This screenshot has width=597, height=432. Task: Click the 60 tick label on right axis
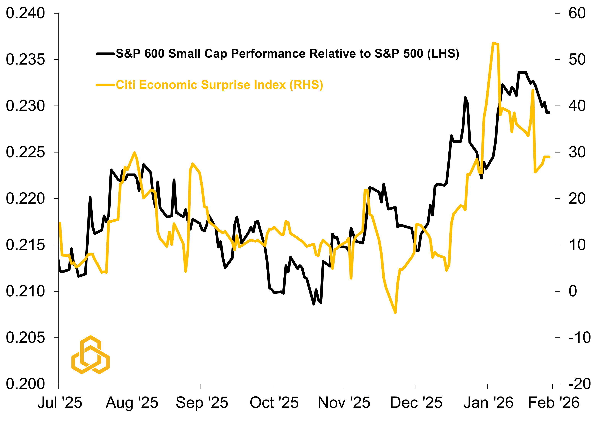click(x=577, y=13)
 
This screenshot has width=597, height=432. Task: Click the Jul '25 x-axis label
click(x=60, y=403)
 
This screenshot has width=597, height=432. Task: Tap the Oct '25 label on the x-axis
click(x=274, y=403)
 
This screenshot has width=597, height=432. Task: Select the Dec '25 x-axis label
click(x=416, y=403)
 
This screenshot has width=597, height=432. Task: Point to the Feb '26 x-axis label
click(x=554, y=403)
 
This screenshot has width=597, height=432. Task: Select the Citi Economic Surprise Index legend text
click(x=219, y=85)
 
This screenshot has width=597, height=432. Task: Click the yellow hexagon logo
click(x=90, y=355)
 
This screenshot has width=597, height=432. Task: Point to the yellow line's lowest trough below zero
click(x=395, y=313)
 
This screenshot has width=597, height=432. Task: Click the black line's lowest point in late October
click(x=314, y=304)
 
